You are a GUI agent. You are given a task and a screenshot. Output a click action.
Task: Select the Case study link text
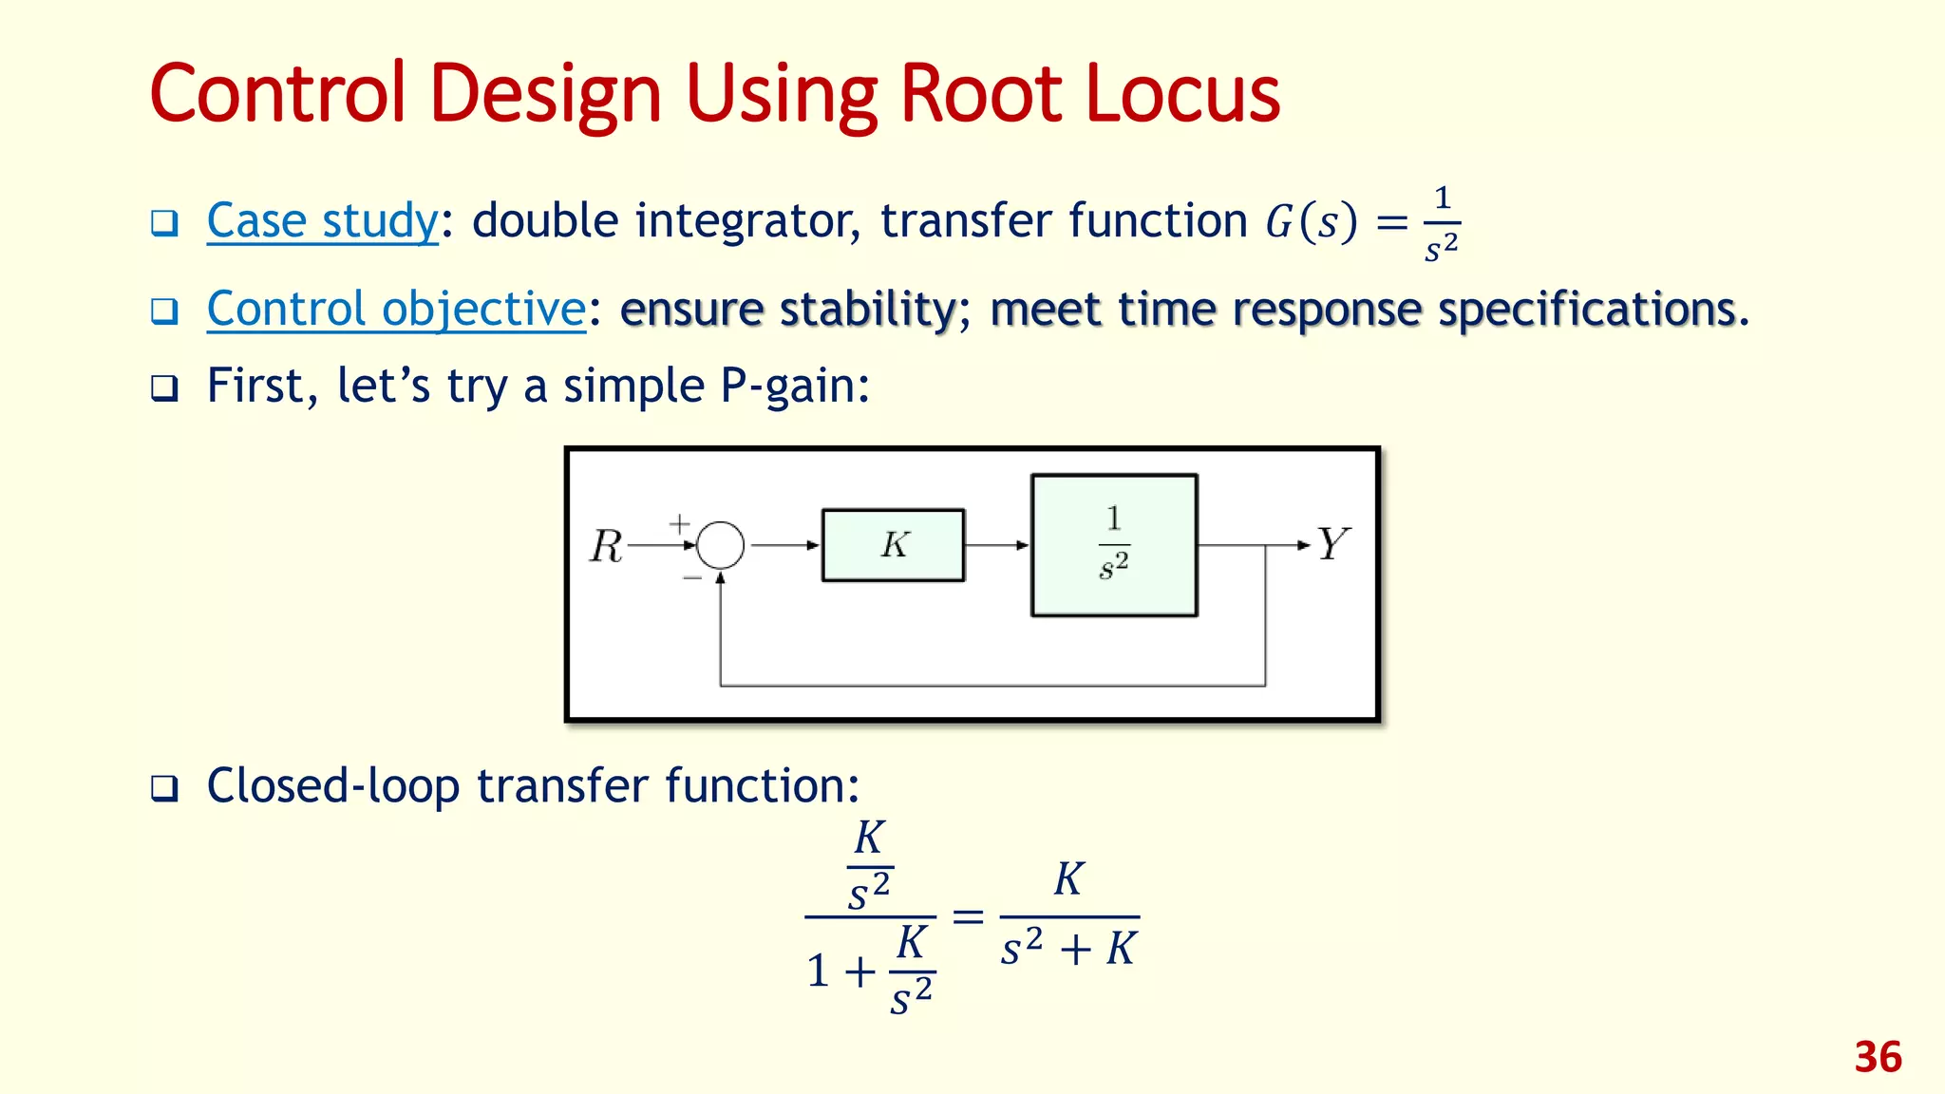[322, 220]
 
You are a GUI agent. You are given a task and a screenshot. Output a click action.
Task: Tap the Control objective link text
[396, 309]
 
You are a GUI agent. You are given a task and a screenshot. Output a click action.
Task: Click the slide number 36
[1878, 1057]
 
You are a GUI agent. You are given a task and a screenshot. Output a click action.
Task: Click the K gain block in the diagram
[893, 545]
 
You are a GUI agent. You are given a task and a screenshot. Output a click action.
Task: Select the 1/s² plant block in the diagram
[1114, 545]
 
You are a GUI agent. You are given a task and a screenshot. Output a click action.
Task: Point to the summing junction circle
[721, 545]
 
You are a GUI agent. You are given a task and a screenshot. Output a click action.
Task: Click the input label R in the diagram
[606, 546]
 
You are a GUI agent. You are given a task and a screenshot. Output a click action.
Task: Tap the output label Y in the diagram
[1332, 544]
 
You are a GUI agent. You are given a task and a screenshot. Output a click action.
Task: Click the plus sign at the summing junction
[679, 523]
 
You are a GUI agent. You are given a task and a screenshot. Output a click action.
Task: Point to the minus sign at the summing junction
[692, 577]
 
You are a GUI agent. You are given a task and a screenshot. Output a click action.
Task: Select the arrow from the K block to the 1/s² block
[997, 545]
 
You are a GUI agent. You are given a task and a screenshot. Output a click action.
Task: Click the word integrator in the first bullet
[746, 220]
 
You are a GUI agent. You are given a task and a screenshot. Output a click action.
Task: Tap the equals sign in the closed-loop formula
[967, 916]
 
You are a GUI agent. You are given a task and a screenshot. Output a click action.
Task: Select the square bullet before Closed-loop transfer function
[164, 787]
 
